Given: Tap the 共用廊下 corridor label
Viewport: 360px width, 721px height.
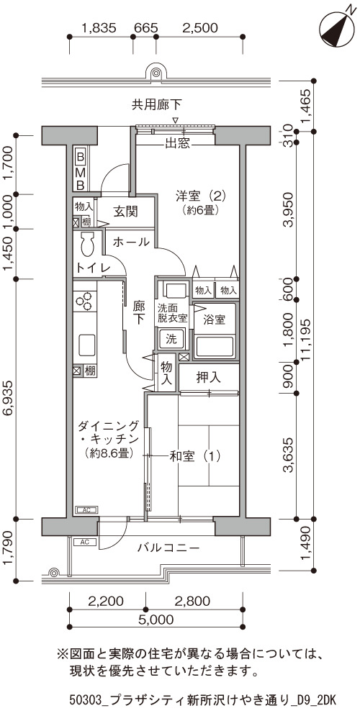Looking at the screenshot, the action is pos(156,105).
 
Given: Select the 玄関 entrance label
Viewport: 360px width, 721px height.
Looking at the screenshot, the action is pos(125,212).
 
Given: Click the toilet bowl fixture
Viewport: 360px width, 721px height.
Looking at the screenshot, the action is pos(87,244).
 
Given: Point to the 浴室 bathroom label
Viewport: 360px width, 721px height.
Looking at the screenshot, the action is pos(215,319).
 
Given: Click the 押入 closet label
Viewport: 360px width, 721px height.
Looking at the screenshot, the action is pos(209,378).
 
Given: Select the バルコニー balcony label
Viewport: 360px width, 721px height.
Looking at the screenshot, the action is pos(168,548).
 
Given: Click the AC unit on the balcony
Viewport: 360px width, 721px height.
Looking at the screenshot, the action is pos(85,542).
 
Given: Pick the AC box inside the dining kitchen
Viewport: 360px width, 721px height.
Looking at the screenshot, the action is pos(86,510).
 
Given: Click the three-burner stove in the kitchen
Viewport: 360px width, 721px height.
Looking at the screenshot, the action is pos(85,301).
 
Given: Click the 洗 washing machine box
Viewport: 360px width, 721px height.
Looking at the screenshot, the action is pos(171,340).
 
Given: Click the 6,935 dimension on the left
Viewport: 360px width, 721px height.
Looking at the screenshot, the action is pos(9,398).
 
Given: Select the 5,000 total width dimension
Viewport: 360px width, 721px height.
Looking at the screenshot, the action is pos(156,619).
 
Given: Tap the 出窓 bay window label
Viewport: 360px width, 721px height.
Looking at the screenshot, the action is pos(177,143).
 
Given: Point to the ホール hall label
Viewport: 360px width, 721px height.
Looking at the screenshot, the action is pos(131,241).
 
